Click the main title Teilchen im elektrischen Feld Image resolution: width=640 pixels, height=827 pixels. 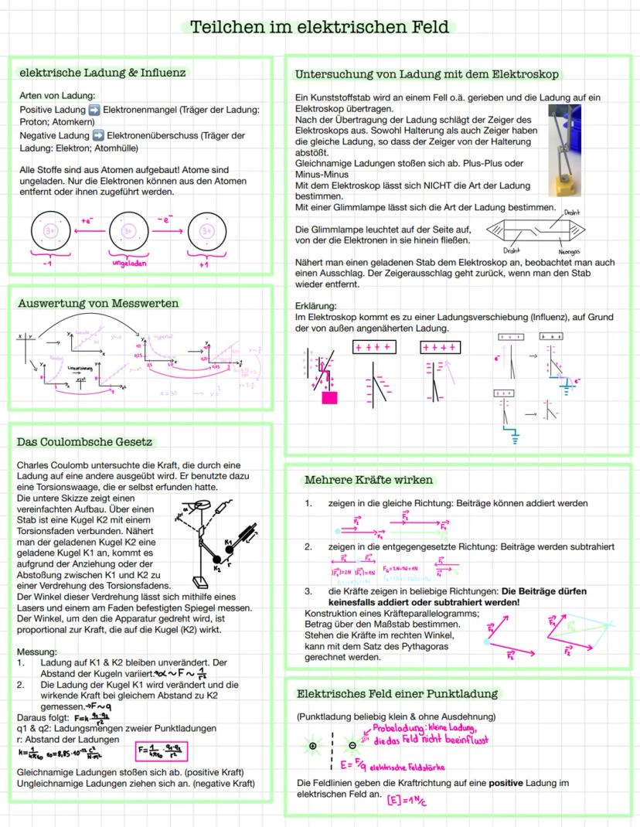[319, 27]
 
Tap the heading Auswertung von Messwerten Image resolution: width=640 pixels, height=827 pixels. [98, 303]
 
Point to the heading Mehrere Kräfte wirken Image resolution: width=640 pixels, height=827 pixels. [369, 480]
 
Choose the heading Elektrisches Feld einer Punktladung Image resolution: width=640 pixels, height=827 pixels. [397, 693]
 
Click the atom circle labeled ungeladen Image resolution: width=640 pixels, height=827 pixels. [128, 230]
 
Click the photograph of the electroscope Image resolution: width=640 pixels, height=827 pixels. [564, 151]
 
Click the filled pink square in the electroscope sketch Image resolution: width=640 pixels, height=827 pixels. [330, 398]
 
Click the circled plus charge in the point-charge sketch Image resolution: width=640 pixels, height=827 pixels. [312, 746]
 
